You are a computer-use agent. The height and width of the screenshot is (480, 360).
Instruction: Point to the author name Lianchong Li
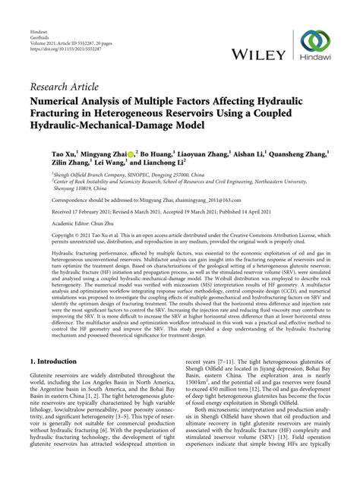(x=159, y=163)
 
